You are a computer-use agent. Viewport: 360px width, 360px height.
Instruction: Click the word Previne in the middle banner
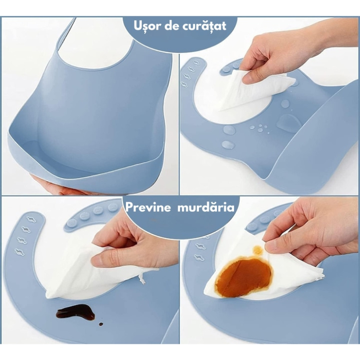(x=150, y=208)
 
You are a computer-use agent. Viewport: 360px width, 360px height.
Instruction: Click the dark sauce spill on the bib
(x=75, y=312)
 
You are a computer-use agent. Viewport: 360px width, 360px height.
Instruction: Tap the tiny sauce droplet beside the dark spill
(x=100, y=324)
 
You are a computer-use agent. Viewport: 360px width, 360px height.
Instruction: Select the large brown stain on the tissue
(x=243, y=276)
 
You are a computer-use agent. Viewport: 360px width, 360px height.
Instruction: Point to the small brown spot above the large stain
(x=258, y=250)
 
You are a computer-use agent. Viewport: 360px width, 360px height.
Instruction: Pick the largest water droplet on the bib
(x=289, y=123)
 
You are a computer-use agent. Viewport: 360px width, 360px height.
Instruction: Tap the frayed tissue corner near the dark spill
(x=142, y=277)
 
